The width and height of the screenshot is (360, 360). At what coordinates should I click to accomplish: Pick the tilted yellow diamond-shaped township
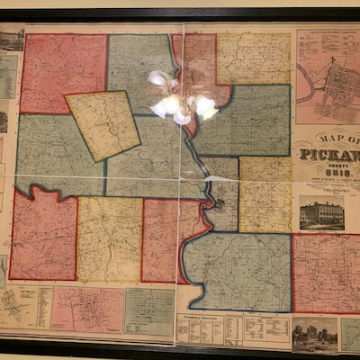103,124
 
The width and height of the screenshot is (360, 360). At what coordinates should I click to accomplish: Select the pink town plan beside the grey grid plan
87,309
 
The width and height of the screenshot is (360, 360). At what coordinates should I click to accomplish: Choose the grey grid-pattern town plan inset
148,310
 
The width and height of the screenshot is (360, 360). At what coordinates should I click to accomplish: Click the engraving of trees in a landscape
315,332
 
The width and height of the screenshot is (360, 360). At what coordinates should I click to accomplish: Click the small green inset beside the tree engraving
349,334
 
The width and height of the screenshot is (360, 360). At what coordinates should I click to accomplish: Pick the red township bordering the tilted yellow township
63,72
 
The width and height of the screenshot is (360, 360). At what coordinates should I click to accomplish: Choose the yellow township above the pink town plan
109,239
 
